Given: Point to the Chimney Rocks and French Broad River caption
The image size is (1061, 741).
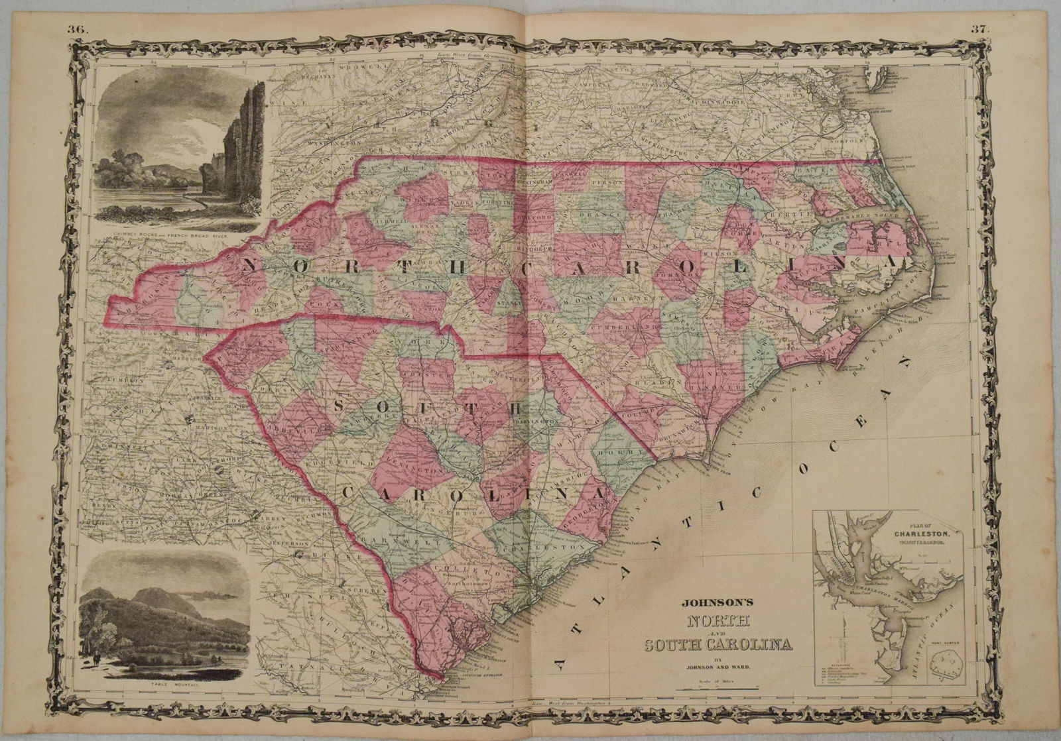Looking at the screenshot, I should (x=175, y=234).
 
